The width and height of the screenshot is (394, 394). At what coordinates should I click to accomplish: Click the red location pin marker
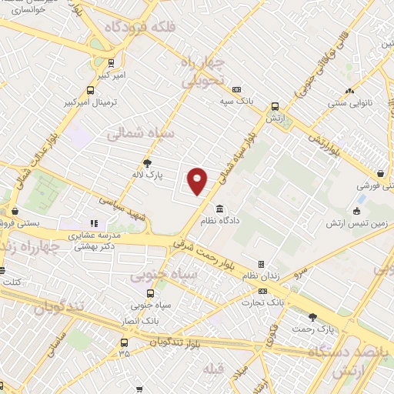click(x=198, y=181)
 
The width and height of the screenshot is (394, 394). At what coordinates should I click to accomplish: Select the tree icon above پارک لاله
click(x=148, y=162)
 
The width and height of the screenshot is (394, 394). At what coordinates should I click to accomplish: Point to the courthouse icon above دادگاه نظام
click(x=221, y=209)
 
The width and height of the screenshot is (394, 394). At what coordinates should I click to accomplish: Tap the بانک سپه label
click(x=235, y=101)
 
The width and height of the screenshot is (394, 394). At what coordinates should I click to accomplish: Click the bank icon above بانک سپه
click(x=235, y=90)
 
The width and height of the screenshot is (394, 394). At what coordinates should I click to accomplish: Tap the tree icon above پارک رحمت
click(x=312, y=317)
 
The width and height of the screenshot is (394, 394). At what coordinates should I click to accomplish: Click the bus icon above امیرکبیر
click(x=112, y=63)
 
